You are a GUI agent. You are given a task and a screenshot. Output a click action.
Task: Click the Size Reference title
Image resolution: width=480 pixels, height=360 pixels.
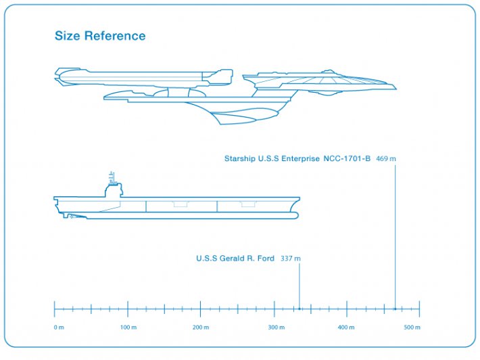point(100,36)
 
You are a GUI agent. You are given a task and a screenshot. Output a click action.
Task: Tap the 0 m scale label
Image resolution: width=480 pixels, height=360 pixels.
point(58,328)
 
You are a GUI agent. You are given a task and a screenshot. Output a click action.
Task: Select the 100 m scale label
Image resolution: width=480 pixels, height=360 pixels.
point(128,328)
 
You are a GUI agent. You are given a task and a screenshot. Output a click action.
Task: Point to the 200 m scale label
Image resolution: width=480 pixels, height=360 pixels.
point(201,328)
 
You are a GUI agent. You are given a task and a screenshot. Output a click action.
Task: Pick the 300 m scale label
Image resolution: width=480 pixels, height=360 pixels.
point(276,328)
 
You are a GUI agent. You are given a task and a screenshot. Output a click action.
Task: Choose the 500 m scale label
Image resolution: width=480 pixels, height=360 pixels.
point(412,328)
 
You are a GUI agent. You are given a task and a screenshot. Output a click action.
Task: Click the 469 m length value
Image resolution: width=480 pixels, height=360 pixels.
point(386,159)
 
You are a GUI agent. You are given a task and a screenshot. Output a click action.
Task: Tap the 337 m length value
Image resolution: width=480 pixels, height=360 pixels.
point(291,258)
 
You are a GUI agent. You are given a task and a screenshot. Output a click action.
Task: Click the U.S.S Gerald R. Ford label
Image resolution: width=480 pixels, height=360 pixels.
point(235,258)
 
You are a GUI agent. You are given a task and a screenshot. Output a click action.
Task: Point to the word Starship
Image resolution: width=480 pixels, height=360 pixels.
point(240,159)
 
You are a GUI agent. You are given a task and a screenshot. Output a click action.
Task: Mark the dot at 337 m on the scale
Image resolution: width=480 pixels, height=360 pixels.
point(299,309)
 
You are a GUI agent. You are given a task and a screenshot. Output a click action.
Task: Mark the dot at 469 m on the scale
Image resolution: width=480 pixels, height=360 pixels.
point(395,309)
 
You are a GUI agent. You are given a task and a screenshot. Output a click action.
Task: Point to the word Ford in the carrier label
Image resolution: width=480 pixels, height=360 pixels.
point(266,258)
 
